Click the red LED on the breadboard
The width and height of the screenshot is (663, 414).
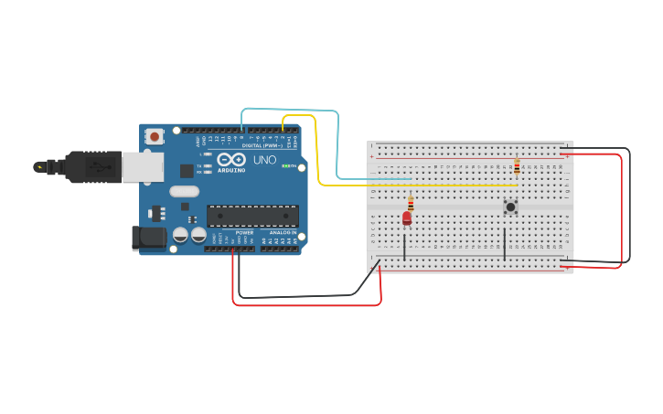pos(407,218)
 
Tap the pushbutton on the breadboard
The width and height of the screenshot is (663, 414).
pos(510,207)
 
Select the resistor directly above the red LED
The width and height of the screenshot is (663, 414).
pos(411,204)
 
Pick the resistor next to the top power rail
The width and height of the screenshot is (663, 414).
pos(517,167)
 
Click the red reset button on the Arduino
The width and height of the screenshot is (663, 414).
pos(155,136)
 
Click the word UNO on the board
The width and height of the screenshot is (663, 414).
pos(264,160)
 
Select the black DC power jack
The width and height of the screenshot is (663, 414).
pos(148,238)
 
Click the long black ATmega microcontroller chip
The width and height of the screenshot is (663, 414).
pos(252,216)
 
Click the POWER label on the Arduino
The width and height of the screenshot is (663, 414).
pos(244,233)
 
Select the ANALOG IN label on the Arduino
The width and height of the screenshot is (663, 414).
pos(280,233)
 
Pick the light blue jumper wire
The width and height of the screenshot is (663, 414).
pos(337,146)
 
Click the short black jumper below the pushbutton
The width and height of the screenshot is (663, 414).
pos(504,244)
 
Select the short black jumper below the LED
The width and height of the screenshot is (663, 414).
pos(404,245)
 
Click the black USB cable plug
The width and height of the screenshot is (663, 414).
pos(91,166)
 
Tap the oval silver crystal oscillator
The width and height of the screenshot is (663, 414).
pos(184,191)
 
